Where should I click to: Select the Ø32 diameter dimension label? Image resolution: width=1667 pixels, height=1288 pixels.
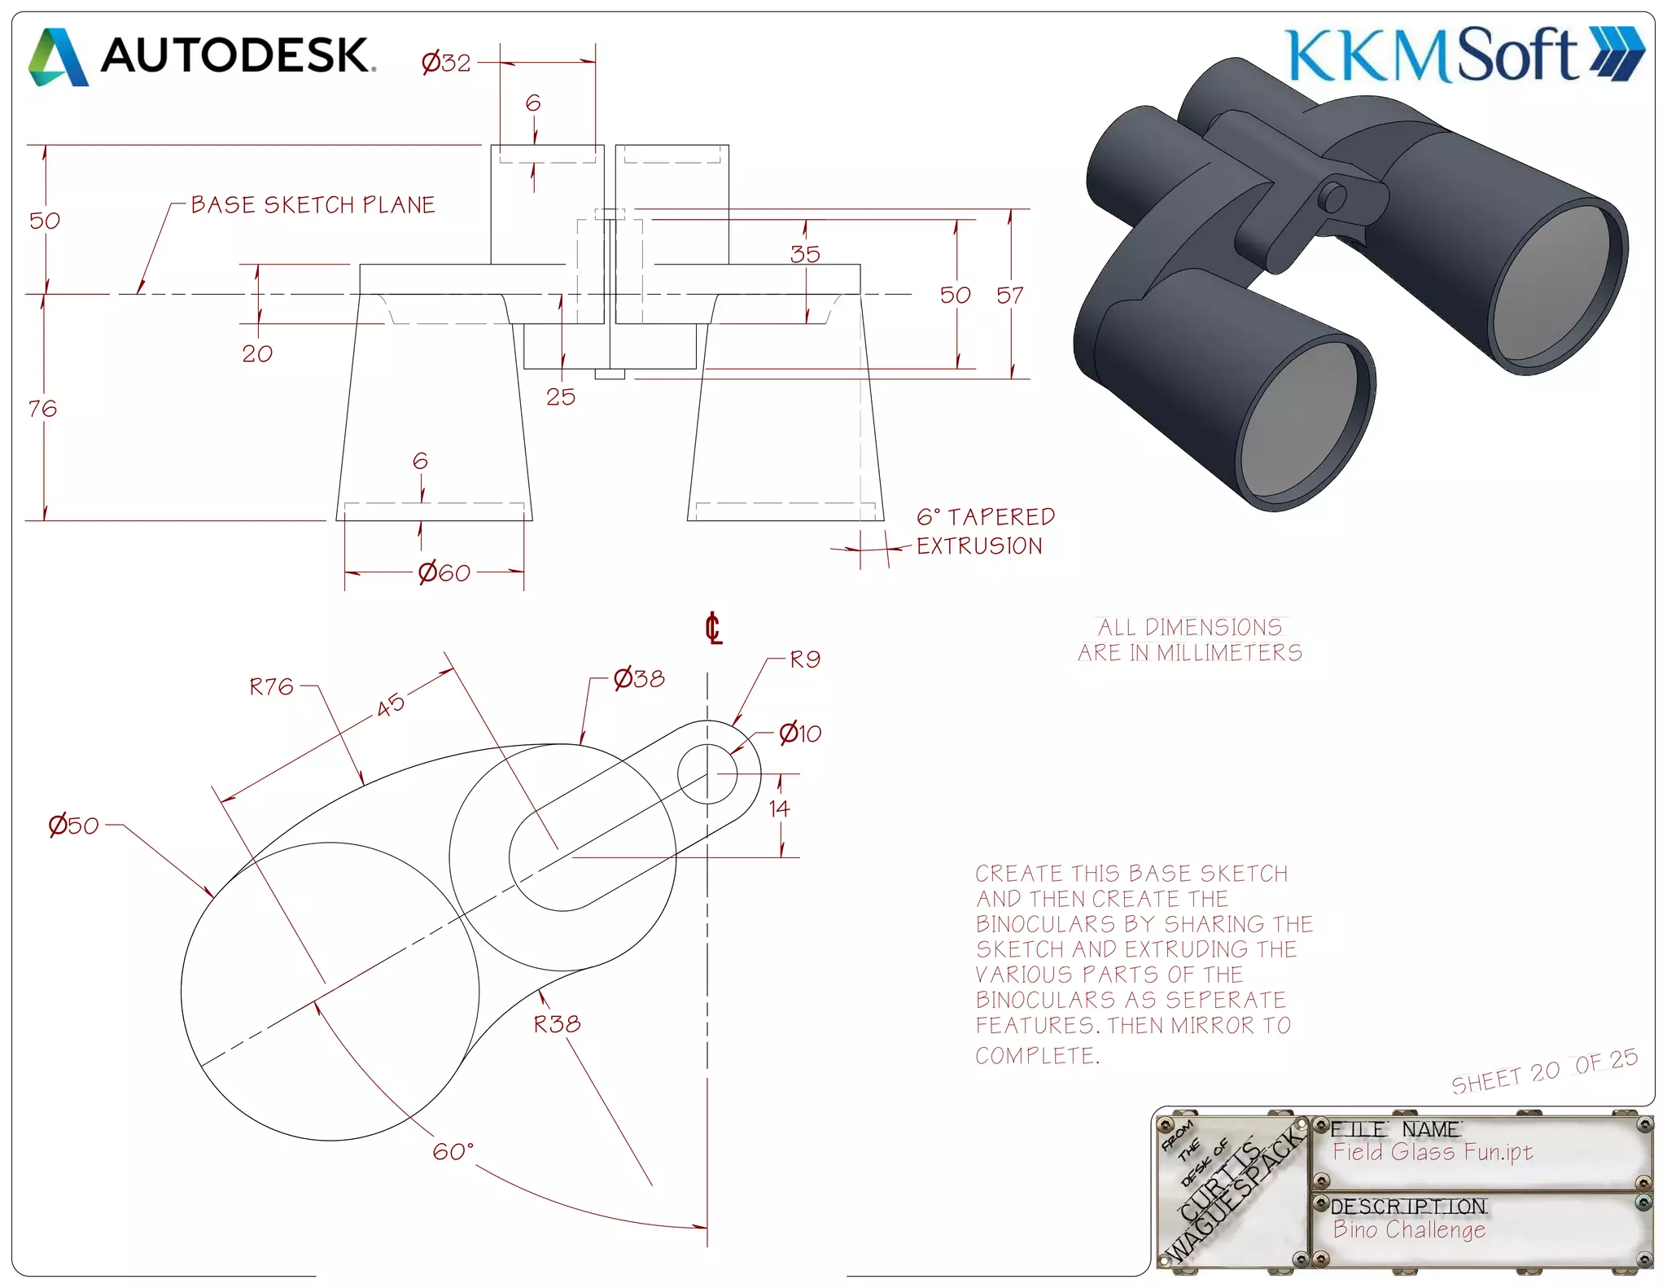coord(446,63)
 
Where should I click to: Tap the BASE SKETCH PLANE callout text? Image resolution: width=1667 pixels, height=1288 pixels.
coord(313,205)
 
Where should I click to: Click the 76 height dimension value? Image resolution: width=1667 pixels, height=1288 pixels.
coord(42,408)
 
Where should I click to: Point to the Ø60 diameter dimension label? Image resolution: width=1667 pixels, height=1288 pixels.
coord(444,573)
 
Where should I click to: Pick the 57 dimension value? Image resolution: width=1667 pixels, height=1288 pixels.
coord(1009,295)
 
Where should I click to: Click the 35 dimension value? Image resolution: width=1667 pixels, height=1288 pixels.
coord(804,254)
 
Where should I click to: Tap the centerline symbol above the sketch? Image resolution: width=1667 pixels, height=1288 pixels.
coord(713,629)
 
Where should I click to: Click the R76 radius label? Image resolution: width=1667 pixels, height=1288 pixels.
coord(271,687)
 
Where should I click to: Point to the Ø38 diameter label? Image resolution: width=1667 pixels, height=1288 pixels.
coord(639,678)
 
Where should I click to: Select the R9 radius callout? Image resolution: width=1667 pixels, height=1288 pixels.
coord(804,659)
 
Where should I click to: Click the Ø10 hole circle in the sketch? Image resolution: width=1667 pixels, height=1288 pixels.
coord(707,773)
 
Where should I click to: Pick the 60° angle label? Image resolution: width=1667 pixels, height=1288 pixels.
coord(453,1151)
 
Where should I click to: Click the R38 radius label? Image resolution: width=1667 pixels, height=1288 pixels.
coord(557,1024)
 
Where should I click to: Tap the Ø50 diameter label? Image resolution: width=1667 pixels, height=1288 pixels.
coord(73,826)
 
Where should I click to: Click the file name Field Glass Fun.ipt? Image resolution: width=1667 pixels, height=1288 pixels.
coord(1433,1152)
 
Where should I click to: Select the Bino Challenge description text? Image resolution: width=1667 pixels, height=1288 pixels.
coord(1409,1229)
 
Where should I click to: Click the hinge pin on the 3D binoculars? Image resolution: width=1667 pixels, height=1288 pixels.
coord(1332,197)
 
